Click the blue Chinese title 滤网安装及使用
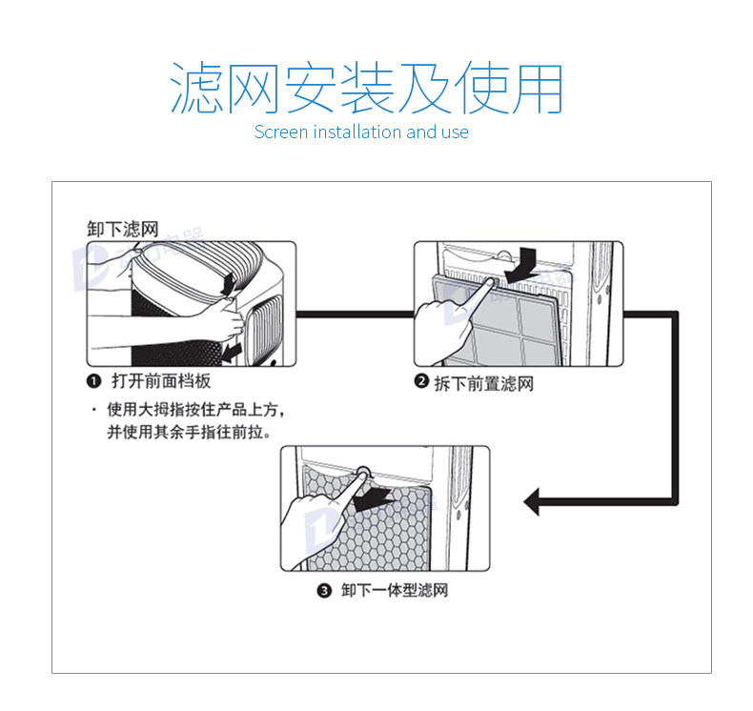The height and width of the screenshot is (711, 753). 367,90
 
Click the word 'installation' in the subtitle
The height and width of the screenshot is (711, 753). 357,132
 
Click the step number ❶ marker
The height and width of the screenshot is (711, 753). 93,381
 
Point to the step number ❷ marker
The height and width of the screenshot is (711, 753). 420,382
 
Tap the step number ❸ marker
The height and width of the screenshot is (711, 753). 323,591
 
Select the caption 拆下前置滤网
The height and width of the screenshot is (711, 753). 483,383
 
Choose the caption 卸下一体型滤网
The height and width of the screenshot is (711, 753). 394,591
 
